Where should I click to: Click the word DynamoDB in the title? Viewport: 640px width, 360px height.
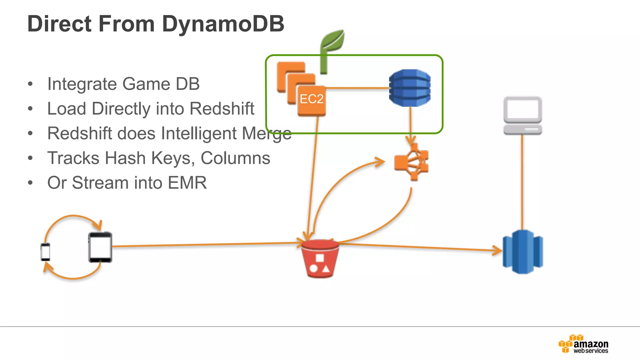(223, 24)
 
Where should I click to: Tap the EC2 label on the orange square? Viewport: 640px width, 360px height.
(311, 99)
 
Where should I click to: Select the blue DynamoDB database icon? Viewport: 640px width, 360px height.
(410, 88)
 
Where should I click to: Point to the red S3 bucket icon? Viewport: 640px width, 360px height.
(320, 259)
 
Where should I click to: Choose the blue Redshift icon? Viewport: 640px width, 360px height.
(522, 252)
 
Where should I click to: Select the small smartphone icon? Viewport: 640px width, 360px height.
(46, 252)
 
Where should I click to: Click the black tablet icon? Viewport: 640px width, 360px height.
(100, 247)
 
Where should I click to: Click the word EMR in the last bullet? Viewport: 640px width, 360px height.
(187, 183)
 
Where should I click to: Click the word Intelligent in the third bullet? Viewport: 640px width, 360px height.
(198, 133)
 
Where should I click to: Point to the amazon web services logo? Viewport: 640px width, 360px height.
(583, 344)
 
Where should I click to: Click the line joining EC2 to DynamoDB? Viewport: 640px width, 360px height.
(357, 88)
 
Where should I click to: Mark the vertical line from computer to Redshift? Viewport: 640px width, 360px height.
(522, 181)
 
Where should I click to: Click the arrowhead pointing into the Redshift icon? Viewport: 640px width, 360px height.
(497, 250)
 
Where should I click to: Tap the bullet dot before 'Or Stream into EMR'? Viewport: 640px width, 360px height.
(30, 183)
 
